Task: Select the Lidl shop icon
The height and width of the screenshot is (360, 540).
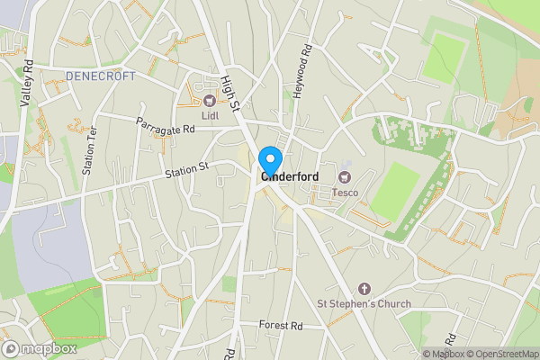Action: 210,100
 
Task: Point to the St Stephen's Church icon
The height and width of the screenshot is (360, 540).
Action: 364,288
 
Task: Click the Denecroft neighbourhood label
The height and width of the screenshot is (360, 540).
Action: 100,76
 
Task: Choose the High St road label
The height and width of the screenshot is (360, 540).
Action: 234,93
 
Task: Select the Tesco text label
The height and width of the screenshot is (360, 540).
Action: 346,191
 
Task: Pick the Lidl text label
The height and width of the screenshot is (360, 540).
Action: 210,115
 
